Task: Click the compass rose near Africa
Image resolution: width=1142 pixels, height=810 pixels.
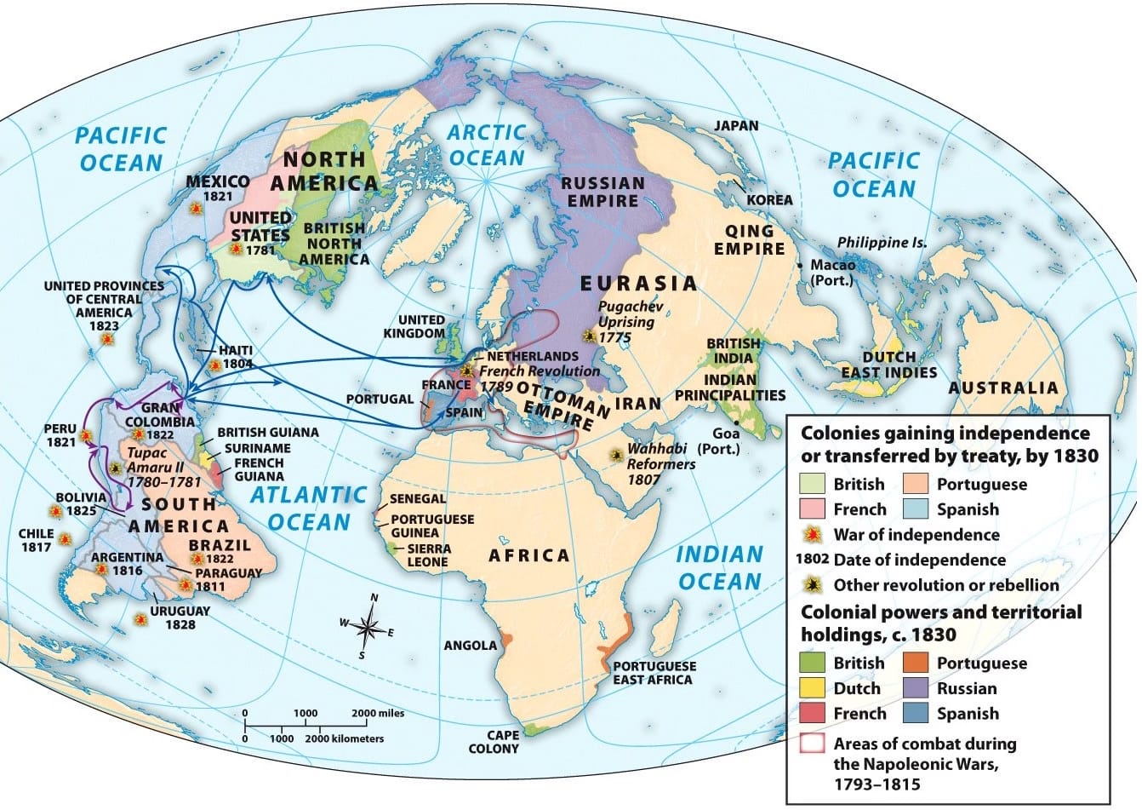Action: pos(368,629)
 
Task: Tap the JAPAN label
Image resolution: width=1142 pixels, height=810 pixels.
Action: pos(735,126)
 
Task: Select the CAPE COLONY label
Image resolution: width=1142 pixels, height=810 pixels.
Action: pos(493,742)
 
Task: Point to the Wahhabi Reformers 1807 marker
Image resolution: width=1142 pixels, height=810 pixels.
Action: pos(614,456)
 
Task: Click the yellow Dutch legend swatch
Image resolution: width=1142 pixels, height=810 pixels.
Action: pos(814,688)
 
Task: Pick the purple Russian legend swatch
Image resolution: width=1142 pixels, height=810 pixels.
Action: pos(917,688)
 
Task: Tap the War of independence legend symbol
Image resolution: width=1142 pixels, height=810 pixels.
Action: pos(814,535)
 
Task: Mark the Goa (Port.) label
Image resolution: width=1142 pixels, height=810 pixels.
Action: pos(717,441)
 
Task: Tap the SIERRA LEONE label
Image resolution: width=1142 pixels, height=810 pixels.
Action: pos(428,555)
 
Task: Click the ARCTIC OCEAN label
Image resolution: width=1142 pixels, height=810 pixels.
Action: pos(487,145)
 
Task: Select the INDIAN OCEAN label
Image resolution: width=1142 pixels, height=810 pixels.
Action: pos(719,568)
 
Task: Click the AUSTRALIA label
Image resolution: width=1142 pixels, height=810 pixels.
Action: pos(1003,388)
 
